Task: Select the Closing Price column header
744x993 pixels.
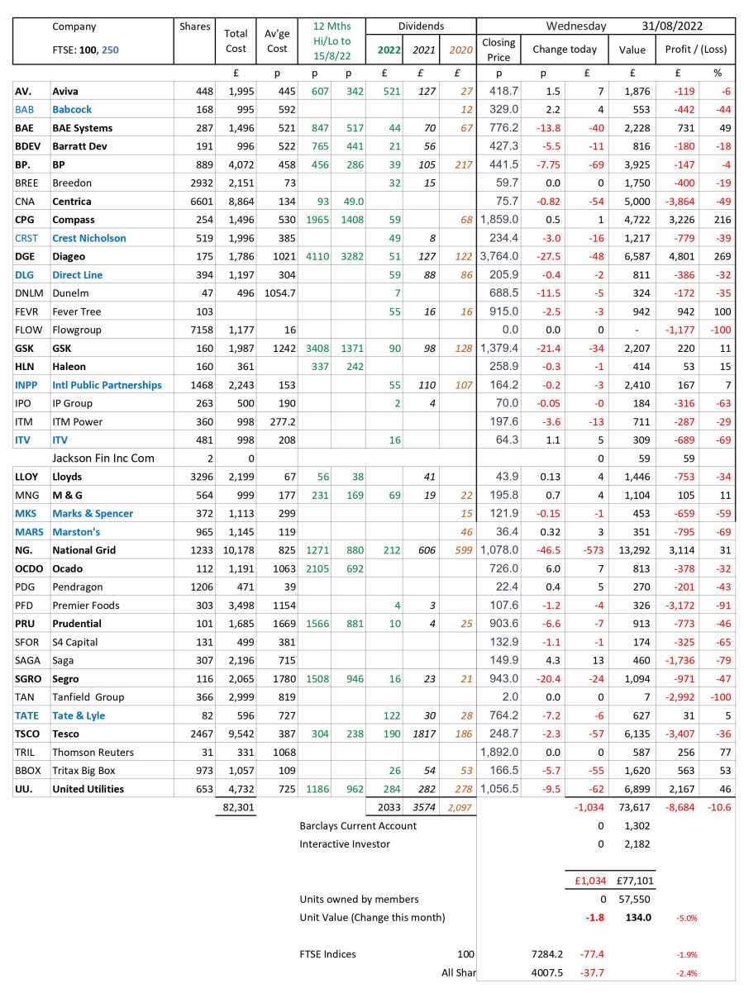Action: (x=498, y=49)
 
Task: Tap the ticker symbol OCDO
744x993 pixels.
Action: (x=30, y=568)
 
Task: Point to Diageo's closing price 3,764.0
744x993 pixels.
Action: (x=498, y=256)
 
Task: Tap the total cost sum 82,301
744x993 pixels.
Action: (x=236, y=807)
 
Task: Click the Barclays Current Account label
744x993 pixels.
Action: (x=358, y=825)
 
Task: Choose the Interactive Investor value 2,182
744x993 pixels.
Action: (x=637, y=843)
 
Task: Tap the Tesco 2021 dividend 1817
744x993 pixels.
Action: (x=424, y=734)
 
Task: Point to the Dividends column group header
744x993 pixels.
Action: (x=421, y=26)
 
